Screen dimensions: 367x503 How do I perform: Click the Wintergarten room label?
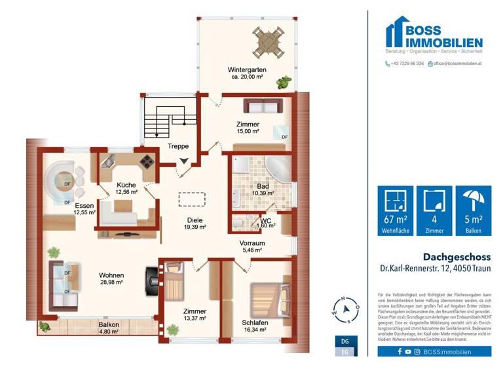pyautogui.click(x=247, y=70)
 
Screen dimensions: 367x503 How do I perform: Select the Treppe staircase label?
pyautogui.click(x=177, y=147)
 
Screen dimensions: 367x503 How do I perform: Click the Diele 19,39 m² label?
pyautogui.click(x=195, y=223)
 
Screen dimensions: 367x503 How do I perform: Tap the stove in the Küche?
pyautogui.click(x=147, y=161)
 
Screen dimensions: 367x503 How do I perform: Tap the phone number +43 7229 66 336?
pyautogui.click(x=407, y=64)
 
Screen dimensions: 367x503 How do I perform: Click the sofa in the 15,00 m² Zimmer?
pyautogui.click(x=257, y=106)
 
